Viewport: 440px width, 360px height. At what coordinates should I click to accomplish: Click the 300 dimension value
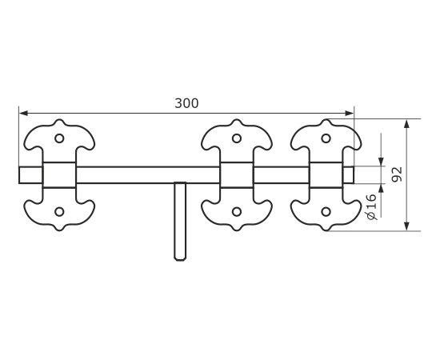tap(186, 103)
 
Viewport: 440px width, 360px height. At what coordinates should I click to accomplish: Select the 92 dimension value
tap(397, 174)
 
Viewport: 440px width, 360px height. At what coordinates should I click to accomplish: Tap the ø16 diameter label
tap(371, 207)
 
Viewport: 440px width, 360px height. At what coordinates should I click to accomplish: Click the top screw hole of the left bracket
tap(59, 138)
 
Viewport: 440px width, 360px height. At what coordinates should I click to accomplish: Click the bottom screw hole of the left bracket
tap(59, 211)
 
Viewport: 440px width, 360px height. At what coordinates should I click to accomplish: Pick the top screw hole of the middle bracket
tap(237, 138)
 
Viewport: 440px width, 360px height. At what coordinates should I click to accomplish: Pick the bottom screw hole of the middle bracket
tap(237, 211)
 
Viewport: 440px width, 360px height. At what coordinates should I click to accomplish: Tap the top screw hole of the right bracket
tap(326, 138)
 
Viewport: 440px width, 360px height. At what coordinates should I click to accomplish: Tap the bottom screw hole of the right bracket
tap(326, 211)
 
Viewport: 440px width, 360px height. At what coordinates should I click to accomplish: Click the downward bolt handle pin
tap(180, 222)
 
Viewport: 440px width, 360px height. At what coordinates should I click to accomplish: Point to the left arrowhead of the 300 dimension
tap(23, 114)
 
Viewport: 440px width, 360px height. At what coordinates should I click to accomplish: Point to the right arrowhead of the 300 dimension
tap(350, 114)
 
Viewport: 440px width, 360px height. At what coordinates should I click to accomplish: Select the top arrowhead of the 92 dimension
tap(407, 123)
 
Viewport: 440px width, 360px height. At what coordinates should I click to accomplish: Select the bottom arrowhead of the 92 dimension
tap(407, 226)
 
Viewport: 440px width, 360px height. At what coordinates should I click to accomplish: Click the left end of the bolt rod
tap(19, 175)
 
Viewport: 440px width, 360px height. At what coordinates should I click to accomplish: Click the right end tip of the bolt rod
tap(354, 175)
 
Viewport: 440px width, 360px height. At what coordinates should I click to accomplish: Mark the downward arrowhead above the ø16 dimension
tap(381, 162)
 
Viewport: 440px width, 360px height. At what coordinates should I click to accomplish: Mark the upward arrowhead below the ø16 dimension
tap(381, 188)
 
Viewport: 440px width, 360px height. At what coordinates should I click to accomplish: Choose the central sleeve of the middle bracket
tap(237, 175)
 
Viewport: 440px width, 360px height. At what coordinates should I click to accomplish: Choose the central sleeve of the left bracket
tap(59, 175)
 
